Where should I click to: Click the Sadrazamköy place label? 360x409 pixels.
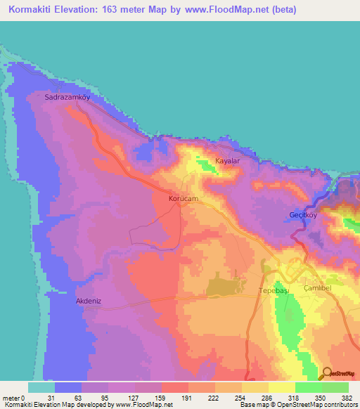click(x=67, y=98)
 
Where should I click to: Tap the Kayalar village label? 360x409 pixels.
click(x=228, y=161)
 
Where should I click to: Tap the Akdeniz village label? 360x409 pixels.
click(x=89, y=301)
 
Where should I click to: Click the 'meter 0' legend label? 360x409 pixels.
click(x=13, y=397)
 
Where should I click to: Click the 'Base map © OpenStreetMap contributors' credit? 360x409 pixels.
click(x=297, y=405)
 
